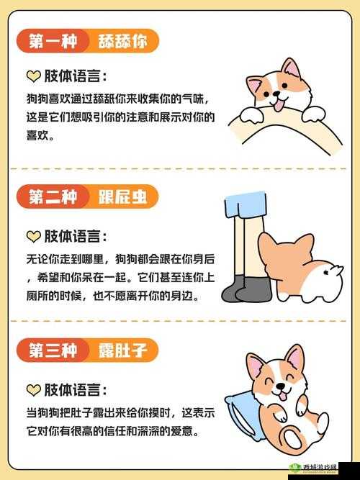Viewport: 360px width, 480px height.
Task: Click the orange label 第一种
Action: click(x=53, y=42)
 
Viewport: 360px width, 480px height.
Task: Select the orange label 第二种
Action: click(x=53, y=196)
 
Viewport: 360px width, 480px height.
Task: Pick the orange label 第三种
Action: click(x=53, y=351)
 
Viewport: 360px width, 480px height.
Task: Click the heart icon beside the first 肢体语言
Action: click(x=33, y=76)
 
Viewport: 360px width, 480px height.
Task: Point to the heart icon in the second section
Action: click(x=33, y=236)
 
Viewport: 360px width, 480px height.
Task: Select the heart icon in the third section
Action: click(x=33, y=390)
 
